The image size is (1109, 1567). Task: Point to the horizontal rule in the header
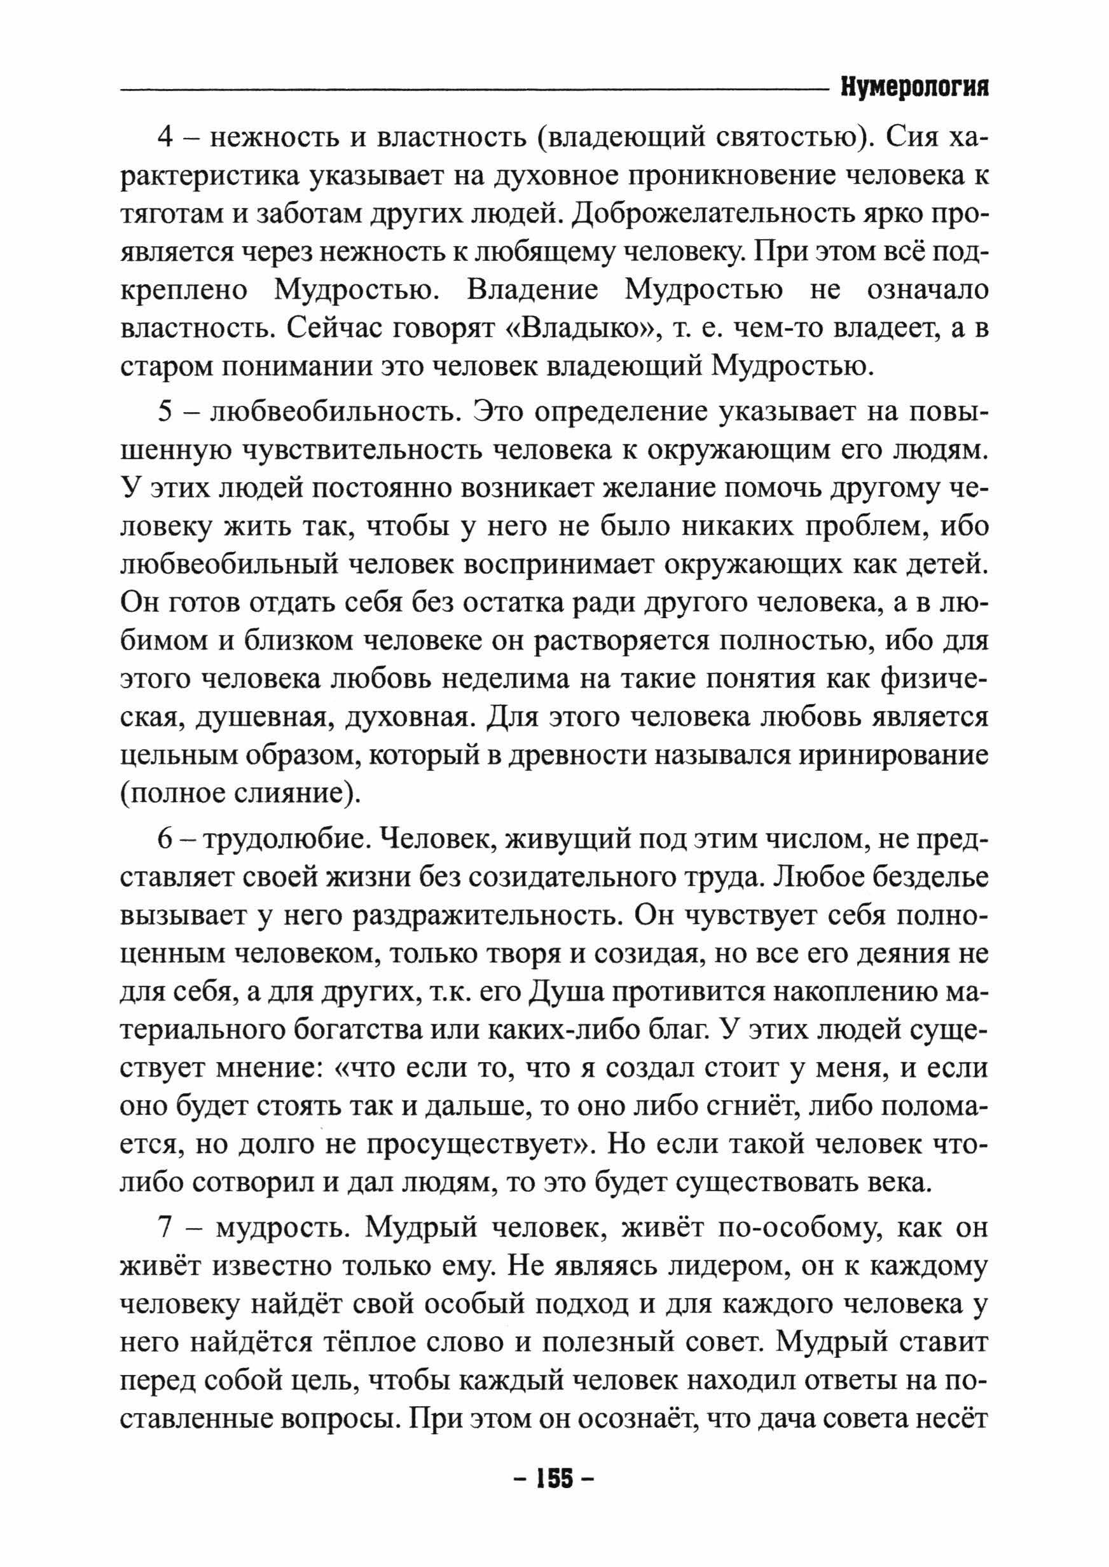pyautogui.click(x=471, y=90)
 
